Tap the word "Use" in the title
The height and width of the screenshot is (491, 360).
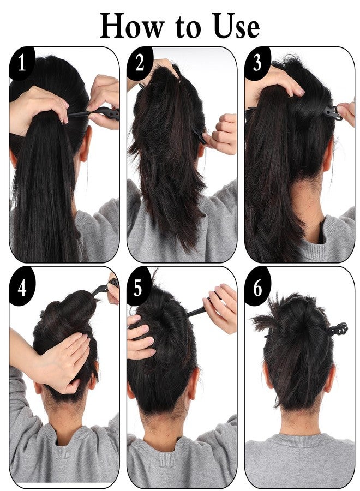(x=236, y=26)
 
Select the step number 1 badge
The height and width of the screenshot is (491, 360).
(x=21, y=63)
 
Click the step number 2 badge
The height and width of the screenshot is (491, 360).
(x=139, y=63)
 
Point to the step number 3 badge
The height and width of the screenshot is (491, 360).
(x=257, y=63)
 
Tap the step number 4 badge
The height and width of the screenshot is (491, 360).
(x=21, y=286)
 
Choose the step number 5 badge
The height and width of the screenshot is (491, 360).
(x=139, y=286)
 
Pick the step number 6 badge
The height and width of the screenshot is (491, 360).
(x=257, y=286)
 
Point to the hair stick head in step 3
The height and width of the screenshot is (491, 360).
(x=332, y=113)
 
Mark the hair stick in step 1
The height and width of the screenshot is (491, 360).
(x=94, y=113)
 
